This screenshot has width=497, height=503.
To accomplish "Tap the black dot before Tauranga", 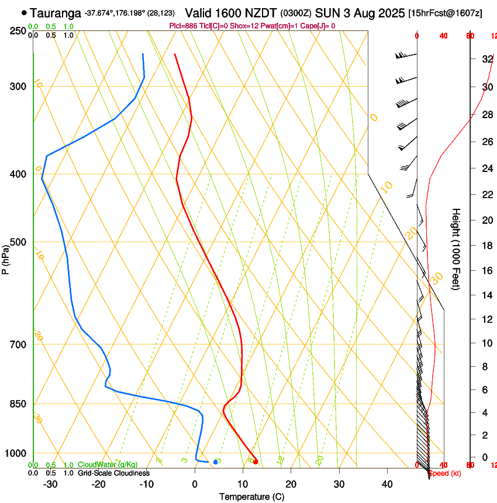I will click(x=24, y=12).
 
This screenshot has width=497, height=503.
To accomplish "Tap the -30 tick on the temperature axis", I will click(x=50, y=484).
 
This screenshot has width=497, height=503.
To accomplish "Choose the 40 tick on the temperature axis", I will click(x=387, y=484).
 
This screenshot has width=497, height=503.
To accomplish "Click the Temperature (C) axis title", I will click(x=251, y=497).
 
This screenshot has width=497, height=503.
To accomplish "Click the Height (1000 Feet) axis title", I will click(x=456, y=249).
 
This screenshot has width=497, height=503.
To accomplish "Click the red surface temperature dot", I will click(x=256, y=462).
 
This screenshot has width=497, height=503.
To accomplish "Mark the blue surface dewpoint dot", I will click(x=215, y=462).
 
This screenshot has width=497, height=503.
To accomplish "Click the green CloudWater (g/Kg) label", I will click(x=108, y=464).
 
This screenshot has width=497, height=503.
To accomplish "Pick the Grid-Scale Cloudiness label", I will click(x=113, y=473).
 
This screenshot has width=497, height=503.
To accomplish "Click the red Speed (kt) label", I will click(x=444, y=473).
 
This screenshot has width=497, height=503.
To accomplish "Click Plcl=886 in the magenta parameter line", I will click(x=182, y=26).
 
